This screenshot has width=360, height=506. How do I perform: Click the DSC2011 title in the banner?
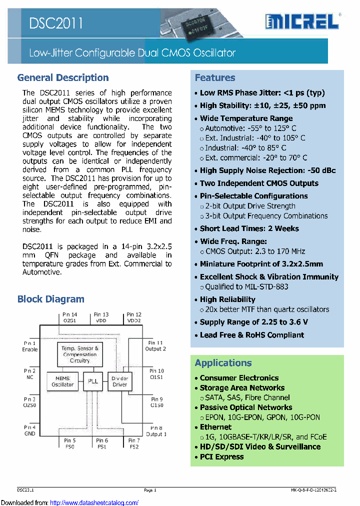pyautogui.click(x=55, y=22)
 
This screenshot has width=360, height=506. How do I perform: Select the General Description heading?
pyautogui.click(x=63, y=77)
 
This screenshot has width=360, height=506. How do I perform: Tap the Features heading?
pyautogui.click(x=215, y=77)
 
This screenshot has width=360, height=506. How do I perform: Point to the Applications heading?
pyautogui.click(x=223, y=363)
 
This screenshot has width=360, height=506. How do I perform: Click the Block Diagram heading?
pyautogui.click(x=50, y=299)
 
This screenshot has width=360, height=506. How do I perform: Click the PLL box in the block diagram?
pyautogui.click(x=93, y=381)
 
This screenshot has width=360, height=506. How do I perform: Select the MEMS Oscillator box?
pyautogui.click(x=62, y=381)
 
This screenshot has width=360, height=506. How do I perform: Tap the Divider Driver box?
pyautogui.click(x=119, y=381)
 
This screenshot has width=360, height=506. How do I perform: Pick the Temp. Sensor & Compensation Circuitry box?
pyautogui.click(x=80, y=354)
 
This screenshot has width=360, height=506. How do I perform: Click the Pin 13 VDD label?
pyautogui.click(x=102, y=317)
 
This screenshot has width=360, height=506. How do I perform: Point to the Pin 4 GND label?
pyautogui.click(x=30, y=430)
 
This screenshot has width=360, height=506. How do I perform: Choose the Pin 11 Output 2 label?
pyautogui.click(x=155, y=345)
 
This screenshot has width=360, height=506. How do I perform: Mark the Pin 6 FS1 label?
pyautogui.click(x=102, y=443)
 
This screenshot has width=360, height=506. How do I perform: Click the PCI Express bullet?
pyautogui.click(x=222, y=456)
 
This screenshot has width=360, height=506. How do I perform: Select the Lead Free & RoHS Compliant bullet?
pyautogui.click(x=252, y=335)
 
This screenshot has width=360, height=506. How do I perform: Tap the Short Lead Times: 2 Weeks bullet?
pyautogui.click(x=249, y=228)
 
